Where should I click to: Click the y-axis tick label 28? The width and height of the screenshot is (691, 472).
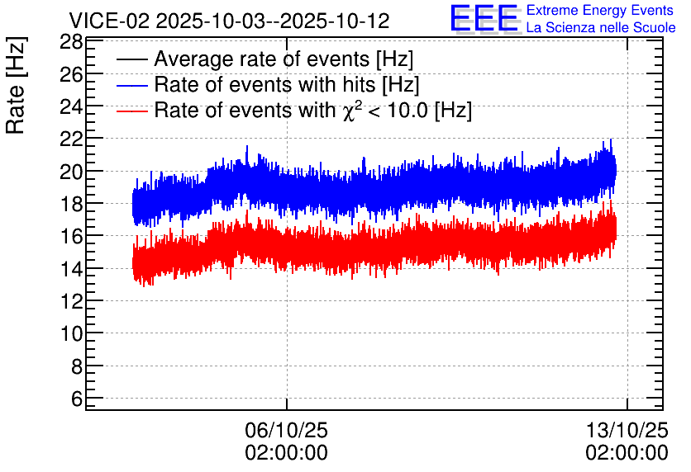coord(71,43)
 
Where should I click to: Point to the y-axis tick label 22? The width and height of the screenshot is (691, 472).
coord(71,139)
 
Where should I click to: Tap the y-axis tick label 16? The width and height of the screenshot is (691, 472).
coord(71,236)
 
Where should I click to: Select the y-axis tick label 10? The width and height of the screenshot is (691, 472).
coord(71,334)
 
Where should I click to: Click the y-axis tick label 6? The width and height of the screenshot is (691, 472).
coord(77,399)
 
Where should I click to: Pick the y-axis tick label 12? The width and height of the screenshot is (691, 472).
coord(71,301)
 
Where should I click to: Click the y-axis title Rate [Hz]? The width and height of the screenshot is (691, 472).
coord(16,85)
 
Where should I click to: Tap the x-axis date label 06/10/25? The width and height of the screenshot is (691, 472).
coord(287,430)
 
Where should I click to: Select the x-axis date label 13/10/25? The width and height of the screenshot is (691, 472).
coord(627,430)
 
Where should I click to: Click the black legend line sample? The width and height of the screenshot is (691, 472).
coord(131,59)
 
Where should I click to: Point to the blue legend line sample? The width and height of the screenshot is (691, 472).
coord(131,85)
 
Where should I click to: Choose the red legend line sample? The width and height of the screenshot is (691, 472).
coord(131,111)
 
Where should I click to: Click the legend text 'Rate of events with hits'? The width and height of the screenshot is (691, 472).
coord(264,84)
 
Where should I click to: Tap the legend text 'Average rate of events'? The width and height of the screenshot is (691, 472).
coord(262,59)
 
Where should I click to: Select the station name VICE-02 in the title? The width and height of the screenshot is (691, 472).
coord(110,21)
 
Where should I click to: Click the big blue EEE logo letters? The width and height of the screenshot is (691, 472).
coord(484,18)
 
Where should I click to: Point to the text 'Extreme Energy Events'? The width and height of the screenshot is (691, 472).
coord(600,10)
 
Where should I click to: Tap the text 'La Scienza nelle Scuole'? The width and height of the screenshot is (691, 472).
coord(601,27)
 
